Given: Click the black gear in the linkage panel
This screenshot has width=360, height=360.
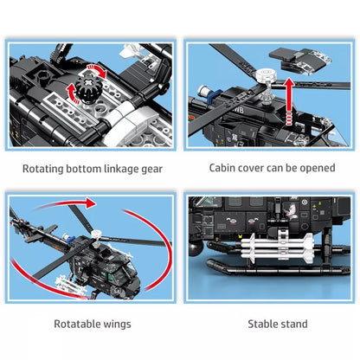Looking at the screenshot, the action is [87, 89].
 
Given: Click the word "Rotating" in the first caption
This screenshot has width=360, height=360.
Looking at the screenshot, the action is [43, 169].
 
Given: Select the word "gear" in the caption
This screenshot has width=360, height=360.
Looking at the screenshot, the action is [151, 170].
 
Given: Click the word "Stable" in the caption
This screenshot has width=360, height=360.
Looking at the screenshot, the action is [262, 324].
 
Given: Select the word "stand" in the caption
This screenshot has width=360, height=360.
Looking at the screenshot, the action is [293, 324].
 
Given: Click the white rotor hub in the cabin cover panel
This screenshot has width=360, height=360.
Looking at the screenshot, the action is [267, 75].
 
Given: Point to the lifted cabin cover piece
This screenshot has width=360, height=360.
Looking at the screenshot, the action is [299, 61].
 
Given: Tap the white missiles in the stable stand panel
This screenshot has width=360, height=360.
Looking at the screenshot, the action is [277, 247].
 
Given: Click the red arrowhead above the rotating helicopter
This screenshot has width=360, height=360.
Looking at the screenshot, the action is [91, 203].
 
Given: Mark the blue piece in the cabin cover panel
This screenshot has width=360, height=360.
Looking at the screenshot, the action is [214, 95].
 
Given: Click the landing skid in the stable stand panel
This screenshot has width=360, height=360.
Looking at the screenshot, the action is [278, 267].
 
